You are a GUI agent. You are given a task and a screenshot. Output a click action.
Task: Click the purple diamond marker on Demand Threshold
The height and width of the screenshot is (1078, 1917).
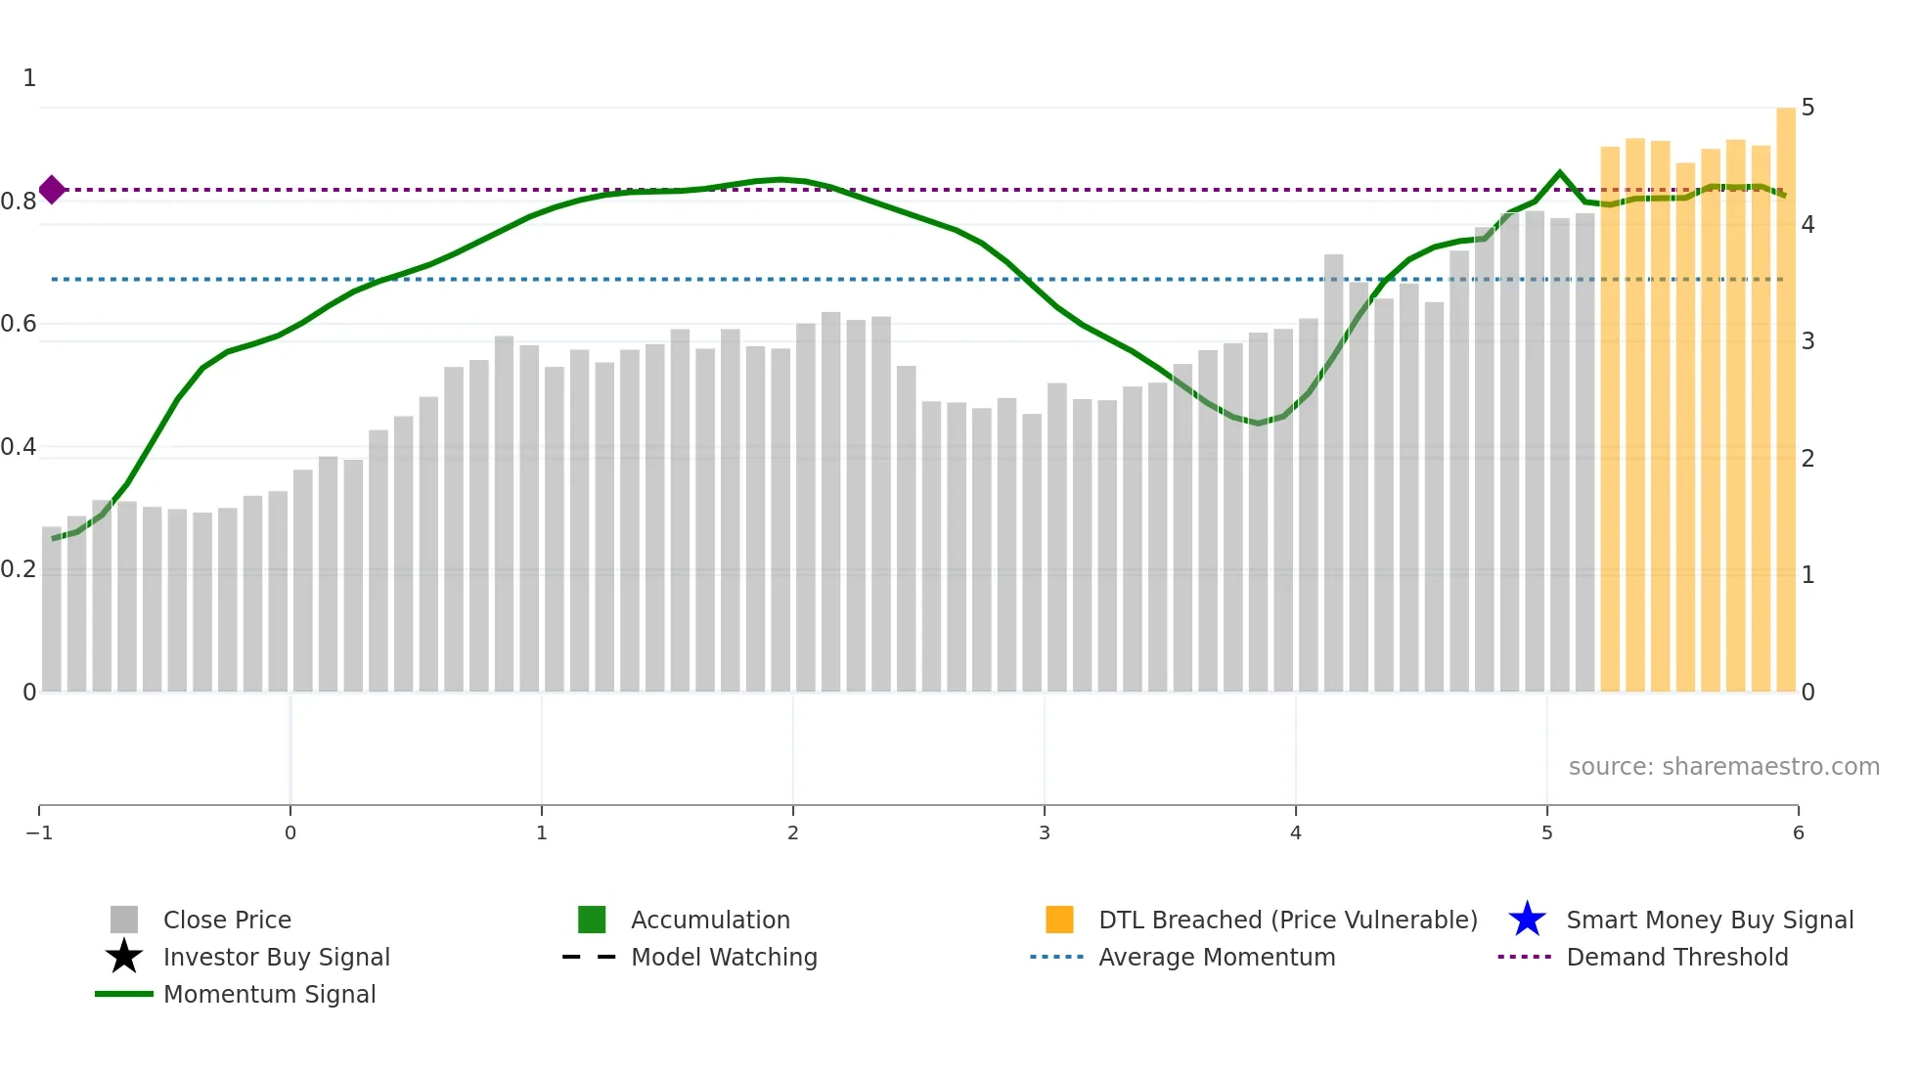tap(52, 190)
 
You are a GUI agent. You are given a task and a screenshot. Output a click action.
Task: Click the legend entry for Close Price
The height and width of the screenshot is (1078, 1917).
tap(226, 920)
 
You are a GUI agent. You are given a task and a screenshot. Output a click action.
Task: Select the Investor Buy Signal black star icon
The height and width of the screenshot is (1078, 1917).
tap(124, 957)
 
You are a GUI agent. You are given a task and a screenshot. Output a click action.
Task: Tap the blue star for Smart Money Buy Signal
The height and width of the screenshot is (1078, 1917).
tap(1527, 920)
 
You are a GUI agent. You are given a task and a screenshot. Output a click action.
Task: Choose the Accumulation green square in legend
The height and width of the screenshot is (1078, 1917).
tap(592, 920)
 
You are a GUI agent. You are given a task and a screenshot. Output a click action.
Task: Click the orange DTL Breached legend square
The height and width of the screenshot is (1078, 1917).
tap(1059, 920)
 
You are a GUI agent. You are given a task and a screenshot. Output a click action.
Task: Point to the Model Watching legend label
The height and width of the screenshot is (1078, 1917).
tap(724, 957)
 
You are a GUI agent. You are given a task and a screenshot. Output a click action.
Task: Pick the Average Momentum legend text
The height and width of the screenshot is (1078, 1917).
tap(1217, 957)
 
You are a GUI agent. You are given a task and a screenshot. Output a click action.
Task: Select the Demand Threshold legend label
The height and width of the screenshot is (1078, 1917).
tap(1676, 957)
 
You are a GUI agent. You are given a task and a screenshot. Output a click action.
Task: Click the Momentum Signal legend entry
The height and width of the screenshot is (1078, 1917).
tap(269, 994)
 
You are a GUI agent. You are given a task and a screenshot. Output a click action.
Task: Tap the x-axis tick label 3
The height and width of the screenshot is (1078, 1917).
tap(1045, 833)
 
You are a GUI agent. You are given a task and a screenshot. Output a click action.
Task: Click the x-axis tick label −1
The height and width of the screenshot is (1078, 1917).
tap(39, 833)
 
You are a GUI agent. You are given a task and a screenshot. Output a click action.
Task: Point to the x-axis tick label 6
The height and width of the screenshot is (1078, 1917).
tap(1798, 833)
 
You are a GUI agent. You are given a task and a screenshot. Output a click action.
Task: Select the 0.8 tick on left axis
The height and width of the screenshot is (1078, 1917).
tap(19, 202)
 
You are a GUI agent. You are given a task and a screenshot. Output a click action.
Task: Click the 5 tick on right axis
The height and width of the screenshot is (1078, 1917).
tap(1807, 108)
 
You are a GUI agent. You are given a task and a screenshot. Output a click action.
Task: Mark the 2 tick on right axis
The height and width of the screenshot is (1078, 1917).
tap(1807, 458)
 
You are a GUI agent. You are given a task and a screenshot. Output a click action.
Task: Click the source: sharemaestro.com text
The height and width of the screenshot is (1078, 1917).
tap(1723, 767)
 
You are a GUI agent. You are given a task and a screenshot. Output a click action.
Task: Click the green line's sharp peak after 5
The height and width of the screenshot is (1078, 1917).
tap(1560, 173)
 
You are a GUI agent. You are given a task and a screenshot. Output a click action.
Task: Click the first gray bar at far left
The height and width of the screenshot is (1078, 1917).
tap(52, 608)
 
